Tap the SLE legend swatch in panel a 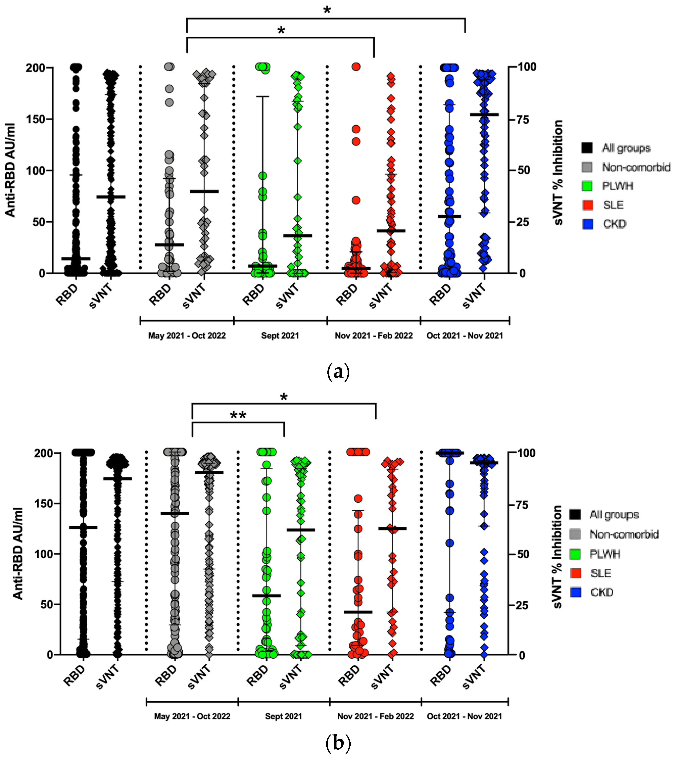pos(588,205)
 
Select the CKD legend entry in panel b pos(602,592)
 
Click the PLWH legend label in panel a pos(617,186)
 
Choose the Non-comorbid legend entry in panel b pos(624,534)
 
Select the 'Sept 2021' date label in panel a pos(280,336)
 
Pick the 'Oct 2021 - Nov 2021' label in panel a pos(464,336)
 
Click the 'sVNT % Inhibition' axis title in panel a pos(558,173)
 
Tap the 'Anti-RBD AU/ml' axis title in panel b pos(18,554)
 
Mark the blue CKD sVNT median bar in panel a pos(484,115)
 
